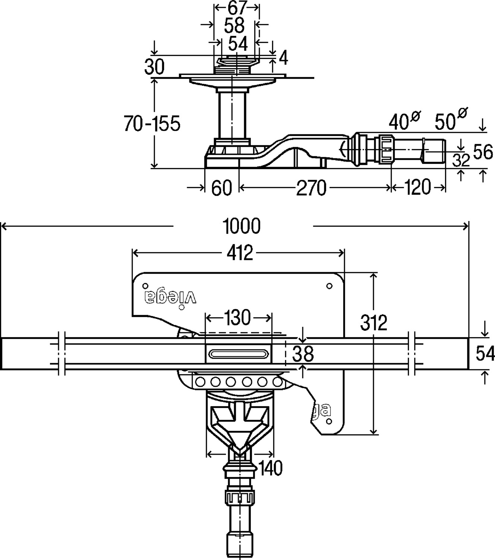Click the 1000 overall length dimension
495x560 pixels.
(x=242, y=226)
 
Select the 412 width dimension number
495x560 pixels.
(x=240, y=253)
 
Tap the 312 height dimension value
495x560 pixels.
(x=374, y=322)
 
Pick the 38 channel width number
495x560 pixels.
(x=303, y=354)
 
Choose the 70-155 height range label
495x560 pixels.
(x=152, y=123)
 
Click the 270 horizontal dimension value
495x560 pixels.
(x=311, y=188)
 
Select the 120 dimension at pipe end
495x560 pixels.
(x=417, y=187)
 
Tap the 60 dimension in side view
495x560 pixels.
(x=221, y=188)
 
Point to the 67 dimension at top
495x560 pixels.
(x=237, y=8)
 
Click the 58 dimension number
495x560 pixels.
(x=234, y=25)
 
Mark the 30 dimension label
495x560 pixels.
(x=154, y=66)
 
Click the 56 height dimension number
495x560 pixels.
(x=483, y=152)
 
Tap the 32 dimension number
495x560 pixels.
(x=461, y=160)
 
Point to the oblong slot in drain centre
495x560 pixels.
(x=239, y=354)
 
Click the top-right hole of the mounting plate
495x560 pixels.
(x=329, y=286)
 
